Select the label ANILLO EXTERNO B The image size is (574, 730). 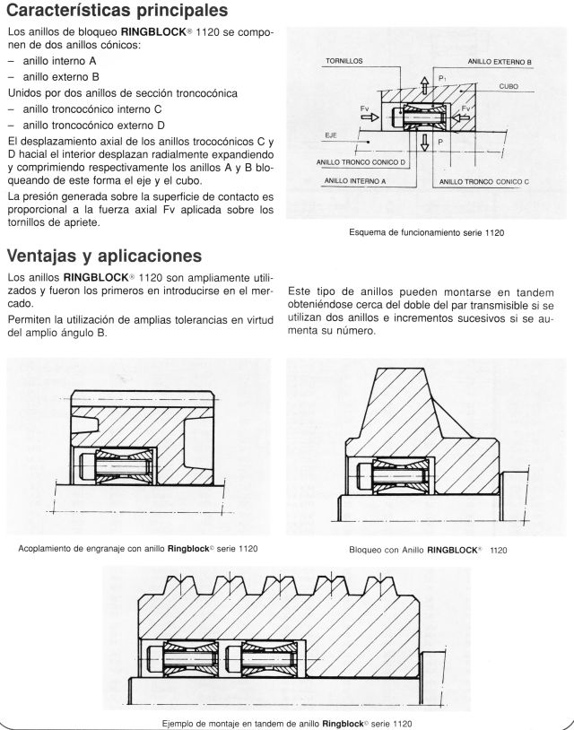(500, 61)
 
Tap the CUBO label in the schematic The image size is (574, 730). (508, 86)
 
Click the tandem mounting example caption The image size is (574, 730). (286, 722)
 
